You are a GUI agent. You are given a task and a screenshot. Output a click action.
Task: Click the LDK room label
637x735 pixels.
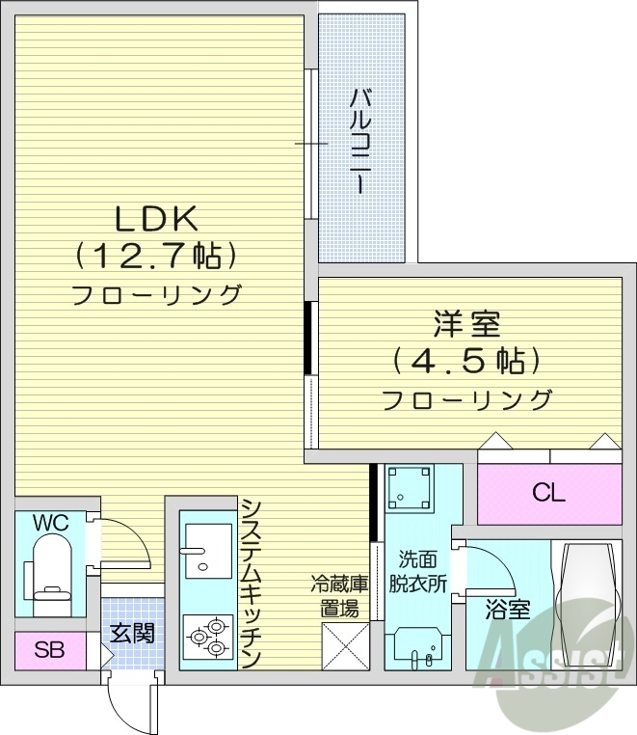pos(156,220)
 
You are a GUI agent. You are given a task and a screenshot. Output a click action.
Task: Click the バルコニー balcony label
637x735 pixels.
pos(361,141)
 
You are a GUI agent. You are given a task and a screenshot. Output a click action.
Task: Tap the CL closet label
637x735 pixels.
pos(549,493)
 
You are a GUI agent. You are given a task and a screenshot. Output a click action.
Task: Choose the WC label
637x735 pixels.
pos(50,523)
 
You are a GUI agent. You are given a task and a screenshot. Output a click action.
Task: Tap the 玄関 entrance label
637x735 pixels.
pos(132,634)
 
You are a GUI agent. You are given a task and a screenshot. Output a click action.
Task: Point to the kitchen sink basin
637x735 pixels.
pos(207,551)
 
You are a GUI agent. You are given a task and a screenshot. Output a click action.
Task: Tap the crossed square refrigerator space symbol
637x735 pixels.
pos(344,646)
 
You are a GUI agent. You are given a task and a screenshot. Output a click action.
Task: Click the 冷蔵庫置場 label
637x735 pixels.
pos(339,595)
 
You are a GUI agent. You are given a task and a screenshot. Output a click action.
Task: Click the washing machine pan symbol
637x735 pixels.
pos(410,487)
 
